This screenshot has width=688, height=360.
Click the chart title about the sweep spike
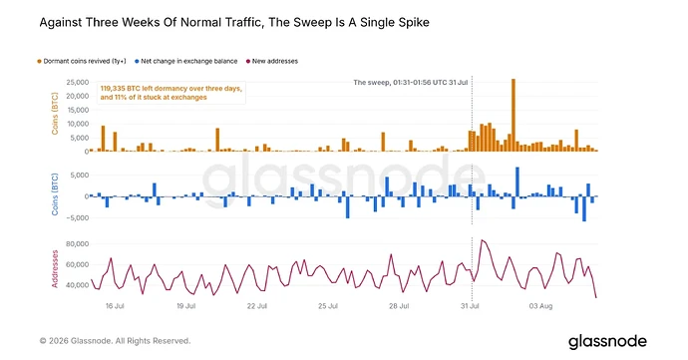click(234, 22)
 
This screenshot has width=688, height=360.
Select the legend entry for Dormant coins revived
click(82, 61)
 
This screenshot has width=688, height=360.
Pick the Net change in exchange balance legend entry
click(186, 61)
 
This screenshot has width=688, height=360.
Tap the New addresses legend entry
click(272, 61)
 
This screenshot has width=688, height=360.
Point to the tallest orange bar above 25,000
click(514, 115)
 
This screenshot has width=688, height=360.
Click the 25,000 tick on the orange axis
click(78, 82)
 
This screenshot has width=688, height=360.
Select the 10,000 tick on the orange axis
click(78, 124)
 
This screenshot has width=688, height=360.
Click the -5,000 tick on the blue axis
click(77, 217)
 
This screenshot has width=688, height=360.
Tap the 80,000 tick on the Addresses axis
click(78, 243)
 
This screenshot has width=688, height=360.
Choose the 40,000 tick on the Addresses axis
click(78, 285)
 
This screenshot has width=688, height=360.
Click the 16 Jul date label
click(115, 306)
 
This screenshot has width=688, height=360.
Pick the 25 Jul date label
click(328, 306)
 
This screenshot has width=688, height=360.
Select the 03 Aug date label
click(540, 306)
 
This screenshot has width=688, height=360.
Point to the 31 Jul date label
click(470, 306)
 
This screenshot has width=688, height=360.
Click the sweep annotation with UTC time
click(410, 82)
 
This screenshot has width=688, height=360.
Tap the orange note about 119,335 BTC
click(172, 93)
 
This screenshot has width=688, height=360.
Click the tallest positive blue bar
click(517, 181)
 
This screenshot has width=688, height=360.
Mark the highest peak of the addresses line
click(483, 240)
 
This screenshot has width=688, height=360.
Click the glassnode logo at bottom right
click(607, 342)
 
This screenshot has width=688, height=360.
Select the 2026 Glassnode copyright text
click(115, 341)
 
